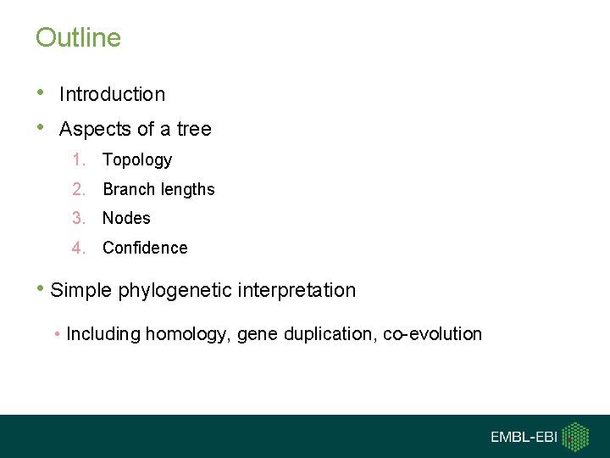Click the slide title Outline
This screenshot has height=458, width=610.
(78, 38)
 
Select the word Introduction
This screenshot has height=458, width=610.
(112, 95)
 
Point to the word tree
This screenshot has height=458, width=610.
(194, 130)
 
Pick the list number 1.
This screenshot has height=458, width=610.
(78, 160)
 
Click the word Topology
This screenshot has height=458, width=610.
(137, 160)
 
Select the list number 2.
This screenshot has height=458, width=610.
(78, 190)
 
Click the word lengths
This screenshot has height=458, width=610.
(188, 190)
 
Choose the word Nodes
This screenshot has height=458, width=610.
(126, 219)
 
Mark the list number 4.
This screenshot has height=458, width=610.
(78, 249)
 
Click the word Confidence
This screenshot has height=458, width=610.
(145, 249)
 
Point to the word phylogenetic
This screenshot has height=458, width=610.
(175, 291)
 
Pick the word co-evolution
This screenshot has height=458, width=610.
(432, 335)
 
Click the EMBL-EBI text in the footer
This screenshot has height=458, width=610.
(524, 438)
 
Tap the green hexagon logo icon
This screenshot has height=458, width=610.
(576, 437)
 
